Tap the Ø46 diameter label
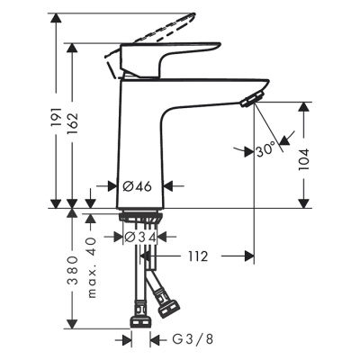click(136, 185)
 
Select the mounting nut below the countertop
click(139, 219)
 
